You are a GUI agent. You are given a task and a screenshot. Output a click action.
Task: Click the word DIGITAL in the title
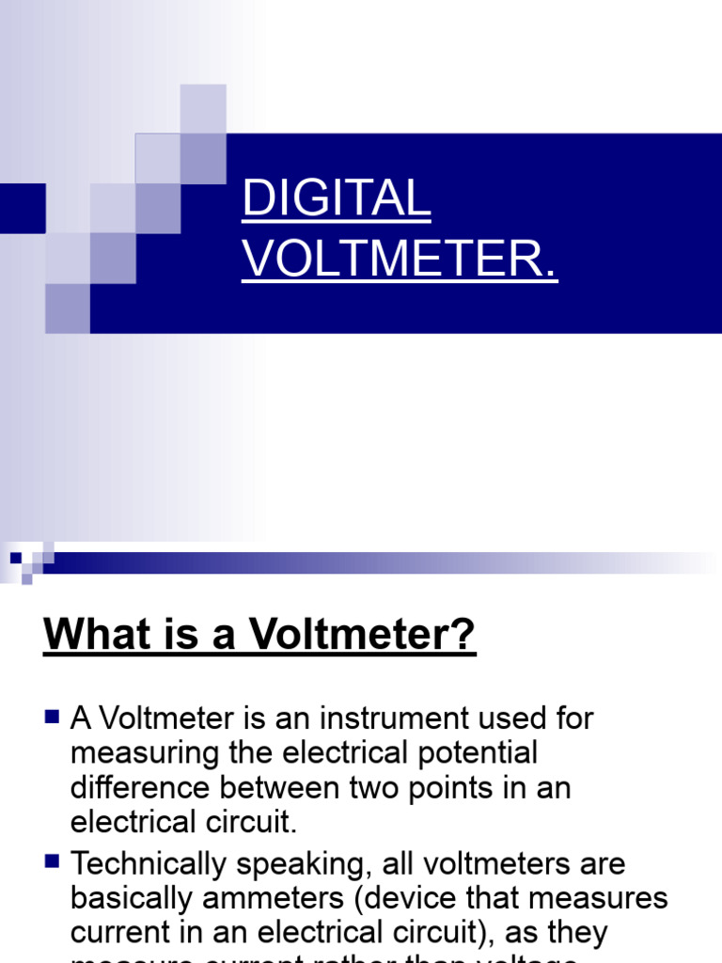(x=337, y=199)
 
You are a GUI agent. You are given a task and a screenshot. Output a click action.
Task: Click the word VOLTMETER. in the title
(x=400, y=260)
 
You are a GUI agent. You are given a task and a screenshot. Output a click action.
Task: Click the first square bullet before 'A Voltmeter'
(x=52, y=718)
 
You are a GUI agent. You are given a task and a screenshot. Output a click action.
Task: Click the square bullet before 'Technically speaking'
(x=52, y=860)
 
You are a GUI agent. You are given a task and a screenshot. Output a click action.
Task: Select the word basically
(x=132, y=899)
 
